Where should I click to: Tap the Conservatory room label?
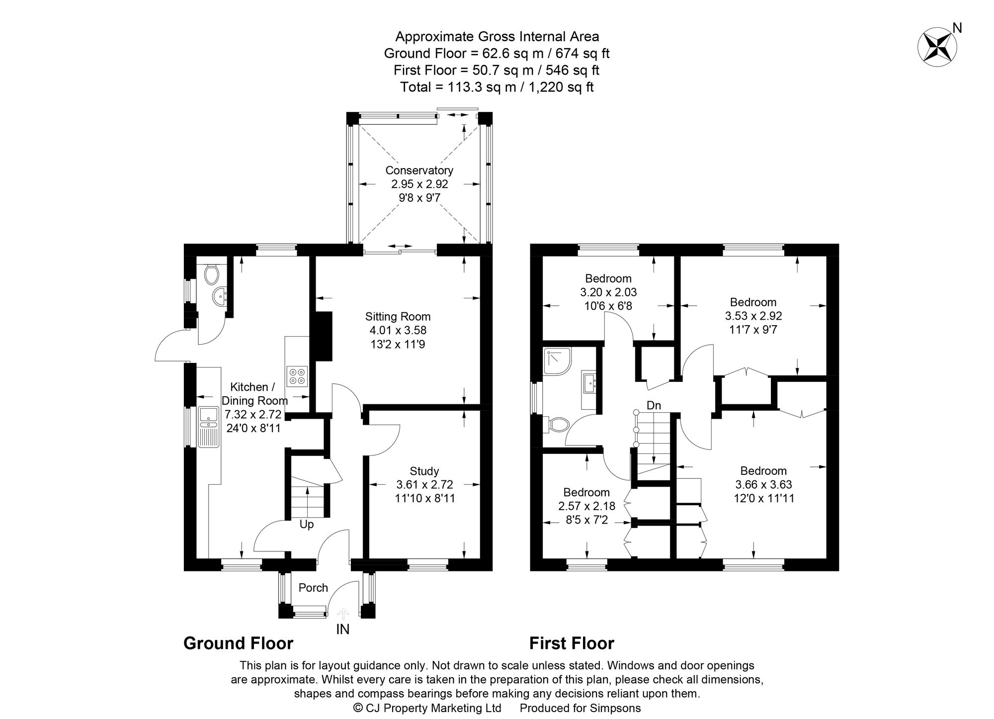pos(419,171)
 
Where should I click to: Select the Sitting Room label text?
pos(398,317)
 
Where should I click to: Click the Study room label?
pos(424,471)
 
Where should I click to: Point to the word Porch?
pos(313,588)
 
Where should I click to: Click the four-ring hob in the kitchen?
pos(297,376)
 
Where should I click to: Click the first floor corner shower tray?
pos(557,361)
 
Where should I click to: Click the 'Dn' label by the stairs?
pos(654,406)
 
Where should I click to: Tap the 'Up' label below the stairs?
pos(306,525)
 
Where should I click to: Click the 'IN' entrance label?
pos(343,629)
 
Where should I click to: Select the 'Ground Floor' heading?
pos(238,643)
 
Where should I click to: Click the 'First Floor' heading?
pos(572,643)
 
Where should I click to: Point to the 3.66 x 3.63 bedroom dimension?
pos(763,484)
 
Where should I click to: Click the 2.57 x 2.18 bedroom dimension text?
pos(586,506)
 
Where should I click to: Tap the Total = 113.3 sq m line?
pos(497,87)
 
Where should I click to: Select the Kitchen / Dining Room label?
pos(254,394)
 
